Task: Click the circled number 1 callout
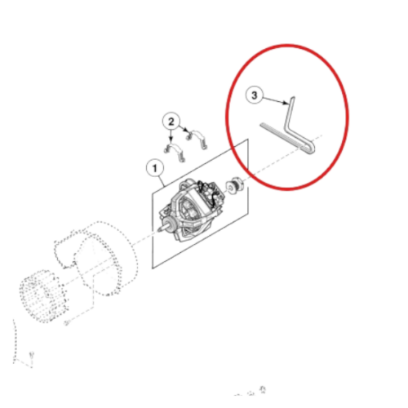click(155, 168)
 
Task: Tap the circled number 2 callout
click(171, 122)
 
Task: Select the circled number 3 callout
click(255, 95)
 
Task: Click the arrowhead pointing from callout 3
click(286, 103)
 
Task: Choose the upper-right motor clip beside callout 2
click(197, 138)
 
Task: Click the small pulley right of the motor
click(234, 186)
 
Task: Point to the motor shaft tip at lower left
click(158, 230)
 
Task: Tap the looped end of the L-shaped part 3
click(311, 150)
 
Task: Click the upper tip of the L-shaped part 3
click(293, 98)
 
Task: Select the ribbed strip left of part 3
click(281, 135)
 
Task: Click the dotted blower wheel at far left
click(42, 295)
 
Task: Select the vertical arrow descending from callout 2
click(171, 136)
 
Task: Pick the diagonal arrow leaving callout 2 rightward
click(184, 128)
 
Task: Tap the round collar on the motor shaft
click(172, 225)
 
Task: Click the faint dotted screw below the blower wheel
click(66, 322)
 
